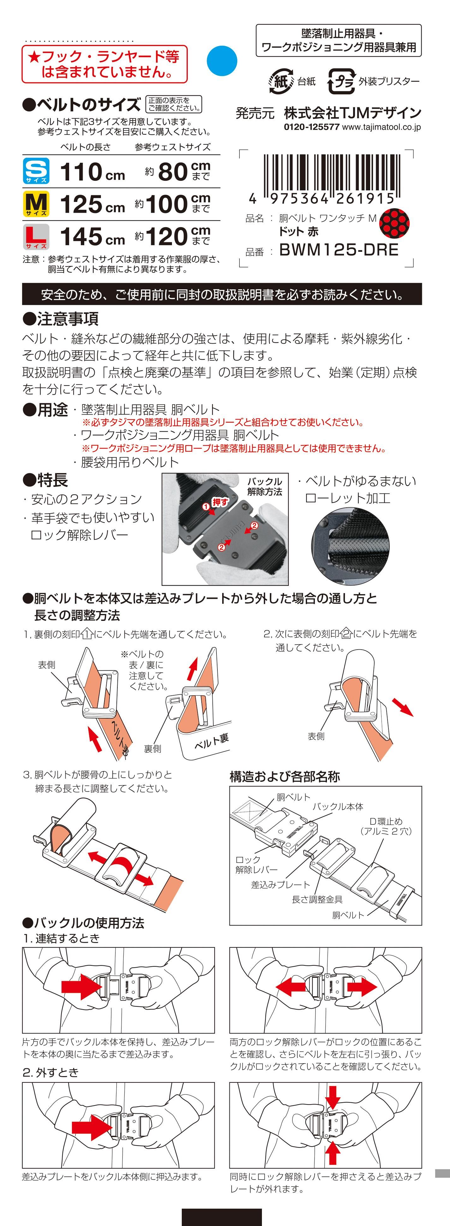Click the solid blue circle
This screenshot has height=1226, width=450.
click(x=222, y=61)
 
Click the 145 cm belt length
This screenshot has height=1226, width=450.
click(x=92, y=237)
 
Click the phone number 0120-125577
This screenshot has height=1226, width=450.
click(x=311, y=127)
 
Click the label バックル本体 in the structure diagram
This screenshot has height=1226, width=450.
click(x=338, y=806)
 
